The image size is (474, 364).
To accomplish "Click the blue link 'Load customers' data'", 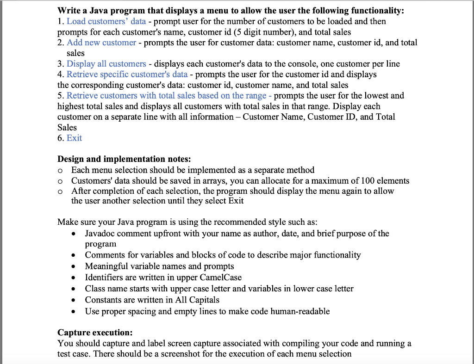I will click(106, 21).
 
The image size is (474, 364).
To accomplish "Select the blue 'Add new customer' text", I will click(101, 43).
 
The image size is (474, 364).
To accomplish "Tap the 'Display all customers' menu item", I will click(106, 64).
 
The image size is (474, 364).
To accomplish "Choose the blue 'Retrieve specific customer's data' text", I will click(127, 74).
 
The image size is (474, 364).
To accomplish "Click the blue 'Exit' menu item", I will click(74, 138).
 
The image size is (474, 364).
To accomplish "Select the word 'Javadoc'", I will click(100, 234).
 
